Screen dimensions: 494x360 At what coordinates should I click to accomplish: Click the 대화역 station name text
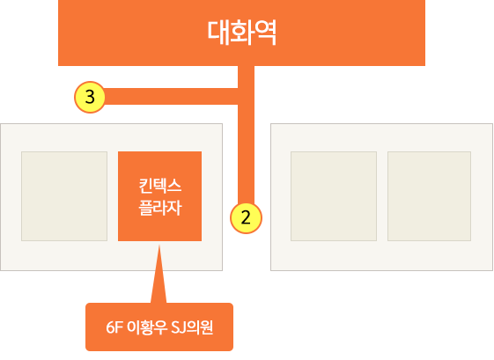(x=241, y=33)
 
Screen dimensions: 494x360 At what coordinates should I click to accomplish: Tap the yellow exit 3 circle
(x=90, y=97)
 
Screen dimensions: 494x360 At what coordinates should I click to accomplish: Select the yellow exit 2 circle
(x=246, y=218)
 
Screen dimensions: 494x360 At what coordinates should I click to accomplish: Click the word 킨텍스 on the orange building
(x=160, y=186)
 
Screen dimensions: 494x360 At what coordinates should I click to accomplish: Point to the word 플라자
(x=160, y=208)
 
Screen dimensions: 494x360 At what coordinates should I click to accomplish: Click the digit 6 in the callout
(x=110, y=328)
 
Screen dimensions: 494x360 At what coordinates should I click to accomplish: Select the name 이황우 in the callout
(x=146, y=327)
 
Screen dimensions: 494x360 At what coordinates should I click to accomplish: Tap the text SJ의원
(x=192, y=327)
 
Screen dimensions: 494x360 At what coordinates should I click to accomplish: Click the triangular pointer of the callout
(x=159, y=274)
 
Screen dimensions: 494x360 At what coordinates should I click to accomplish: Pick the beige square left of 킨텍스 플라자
(x=64, y=196)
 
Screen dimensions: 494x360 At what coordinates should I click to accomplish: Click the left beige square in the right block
(x=334, y=196)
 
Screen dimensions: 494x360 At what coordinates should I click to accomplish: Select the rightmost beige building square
(x=429, y=196)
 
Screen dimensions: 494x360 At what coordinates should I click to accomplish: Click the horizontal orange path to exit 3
(x=171, y=96)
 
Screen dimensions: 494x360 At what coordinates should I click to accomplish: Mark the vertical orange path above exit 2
(x=246, y=135)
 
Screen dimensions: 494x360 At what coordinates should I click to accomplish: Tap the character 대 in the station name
(x=218, y=33)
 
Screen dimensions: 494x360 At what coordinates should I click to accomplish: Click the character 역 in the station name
(x=265, y=33)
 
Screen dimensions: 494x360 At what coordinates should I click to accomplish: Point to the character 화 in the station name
(x=242, y=33)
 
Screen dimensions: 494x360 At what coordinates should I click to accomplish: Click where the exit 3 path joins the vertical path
(x=246, y=96)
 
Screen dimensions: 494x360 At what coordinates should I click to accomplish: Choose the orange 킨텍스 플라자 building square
(x=159, y=196)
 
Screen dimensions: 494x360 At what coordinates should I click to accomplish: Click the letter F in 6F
(x=119, y=328)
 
